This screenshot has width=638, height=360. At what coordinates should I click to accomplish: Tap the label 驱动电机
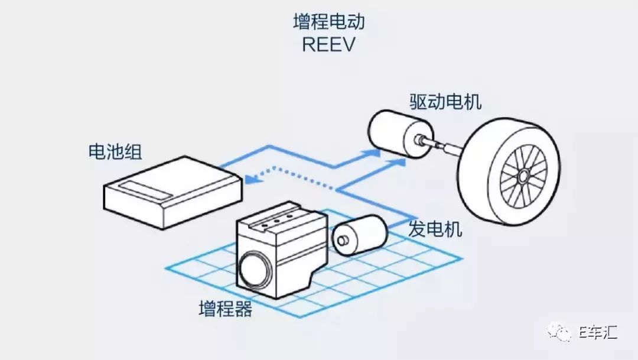pos(445,101)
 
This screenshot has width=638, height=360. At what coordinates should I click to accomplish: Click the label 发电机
pos(435,229)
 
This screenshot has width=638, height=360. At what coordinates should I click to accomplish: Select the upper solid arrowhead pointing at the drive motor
pos(374,153)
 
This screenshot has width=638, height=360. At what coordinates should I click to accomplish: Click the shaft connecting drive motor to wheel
pos(440,144)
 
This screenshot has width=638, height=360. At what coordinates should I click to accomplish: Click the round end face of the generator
pos(341,241)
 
